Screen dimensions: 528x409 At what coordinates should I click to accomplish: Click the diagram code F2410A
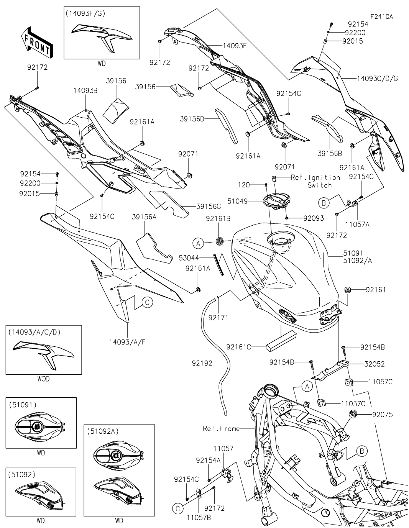(x=382, y=17)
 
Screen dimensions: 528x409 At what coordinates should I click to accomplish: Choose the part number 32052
(x=375, y=364)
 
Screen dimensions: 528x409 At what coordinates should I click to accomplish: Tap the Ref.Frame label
(x=221, y=429)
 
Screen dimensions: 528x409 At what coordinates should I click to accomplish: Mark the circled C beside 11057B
(x=177, y=508)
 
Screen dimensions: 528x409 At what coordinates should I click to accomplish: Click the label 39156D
(x=192, y=119)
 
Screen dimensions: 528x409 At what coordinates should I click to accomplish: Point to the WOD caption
(x=44, y=379)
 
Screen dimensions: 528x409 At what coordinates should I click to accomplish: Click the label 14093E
(x=235, y=45)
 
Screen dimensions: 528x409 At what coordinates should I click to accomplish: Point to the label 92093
(x=314, y=218)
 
